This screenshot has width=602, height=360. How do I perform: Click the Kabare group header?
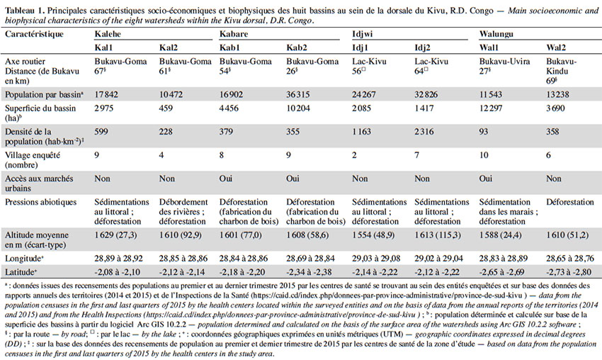pyautogui.click(x=234, y=34)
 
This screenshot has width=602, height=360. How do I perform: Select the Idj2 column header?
pyautogui.click(x=422, y=47)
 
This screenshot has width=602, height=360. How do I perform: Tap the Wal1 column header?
pyautogui.click(x=489, y=47)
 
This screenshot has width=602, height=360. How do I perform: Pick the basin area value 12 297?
pyautogui.click(x=491, y=108)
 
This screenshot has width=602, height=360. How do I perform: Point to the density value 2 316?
pyautogui.click(x=424, y=132)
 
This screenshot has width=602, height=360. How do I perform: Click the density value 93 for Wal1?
pyautogui.click(x=483, y=132)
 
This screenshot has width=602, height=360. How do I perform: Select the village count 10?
pyautogui.click(x=484, y=155)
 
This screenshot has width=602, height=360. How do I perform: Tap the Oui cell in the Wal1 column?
pyautogui.click(x=486, y=179)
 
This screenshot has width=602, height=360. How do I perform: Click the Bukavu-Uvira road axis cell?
pyautogui.click(x=504, y=62)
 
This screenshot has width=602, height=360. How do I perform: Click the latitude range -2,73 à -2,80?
pyautogui.click(x=569, y=272)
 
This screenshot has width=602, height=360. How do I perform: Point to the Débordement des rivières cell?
pyautogui.click(x=183, y=212)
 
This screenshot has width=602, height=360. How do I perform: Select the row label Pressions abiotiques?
pyautogui.click(x=40, y=202)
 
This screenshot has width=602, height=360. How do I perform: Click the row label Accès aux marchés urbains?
pyautogui.click(x=39, y=184)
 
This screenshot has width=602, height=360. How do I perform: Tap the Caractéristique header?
pyautogui.click(x=34, y=34)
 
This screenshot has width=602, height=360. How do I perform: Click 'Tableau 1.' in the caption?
pyautogui.click(x=25, y=11)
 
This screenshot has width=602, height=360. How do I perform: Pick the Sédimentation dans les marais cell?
pyautogui.click(x=509, y=212)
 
